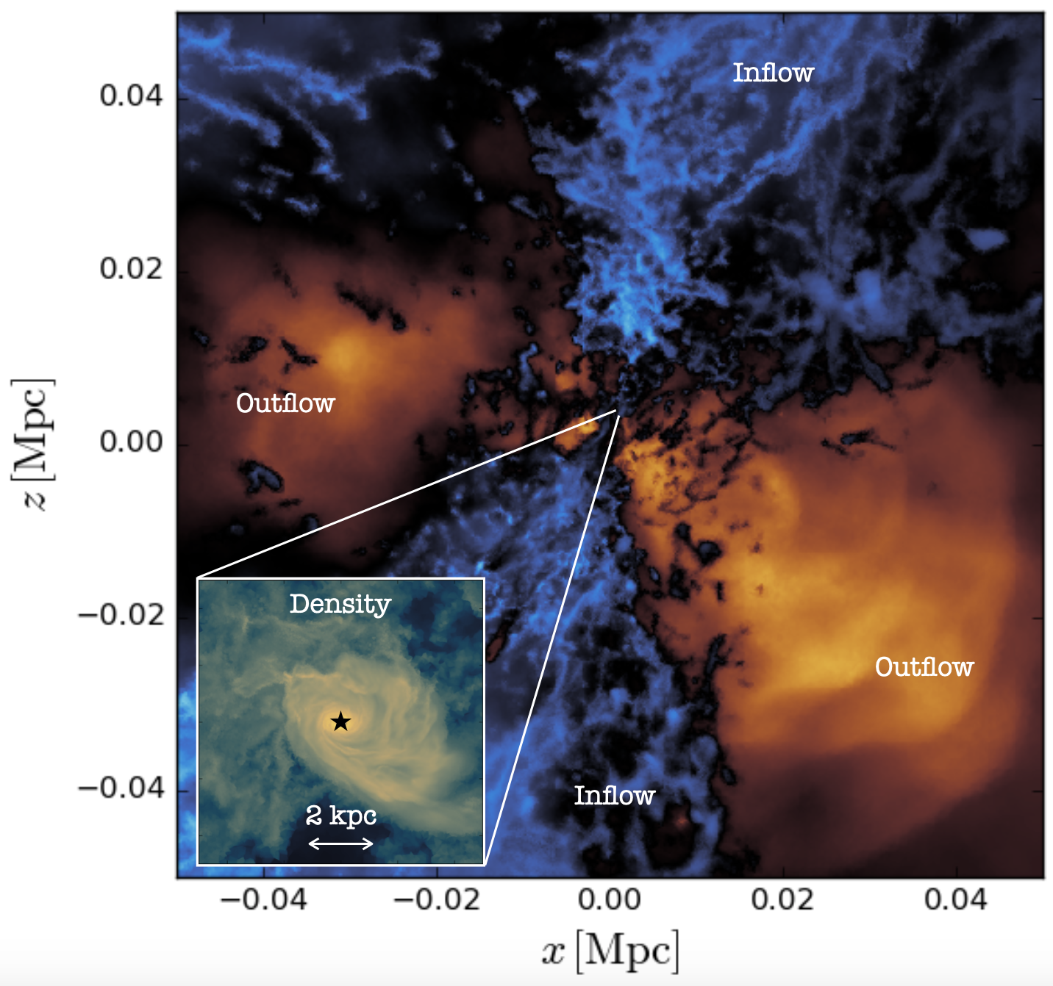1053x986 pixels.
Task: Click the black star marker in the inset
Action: [340, 721]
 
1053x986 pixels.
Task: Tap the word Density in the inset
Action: [340, 605]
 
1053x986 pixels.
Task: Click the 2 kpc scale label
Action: [341, 816]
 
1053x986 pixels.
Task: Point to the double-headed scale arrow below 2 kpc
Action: [341, 843]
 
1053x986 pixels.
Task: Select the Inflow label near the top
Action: [773, 73]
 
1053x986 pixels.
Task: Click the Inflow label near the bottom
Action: [615, 795]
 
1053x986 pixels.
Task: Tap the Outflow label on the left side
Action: [285, 403]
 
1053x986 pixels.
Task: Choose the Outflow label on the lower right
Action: [924, 666]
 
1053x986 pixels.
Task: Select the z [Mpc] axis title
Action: [33, 445]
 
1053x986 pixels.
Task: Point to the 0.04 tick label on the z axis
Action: [131, 96]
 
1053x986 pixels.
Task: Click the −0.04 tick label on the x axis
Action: [263, 899]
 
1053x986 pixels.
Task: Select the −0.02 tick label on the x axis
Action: [437, 899]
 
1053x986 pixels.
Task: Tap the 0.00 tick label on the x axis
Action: [609, 899]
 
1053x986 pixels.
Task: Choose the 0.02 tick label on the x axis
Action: [782, 899]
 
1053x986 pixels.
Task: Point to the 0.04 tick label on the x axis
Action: [956, 899]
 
